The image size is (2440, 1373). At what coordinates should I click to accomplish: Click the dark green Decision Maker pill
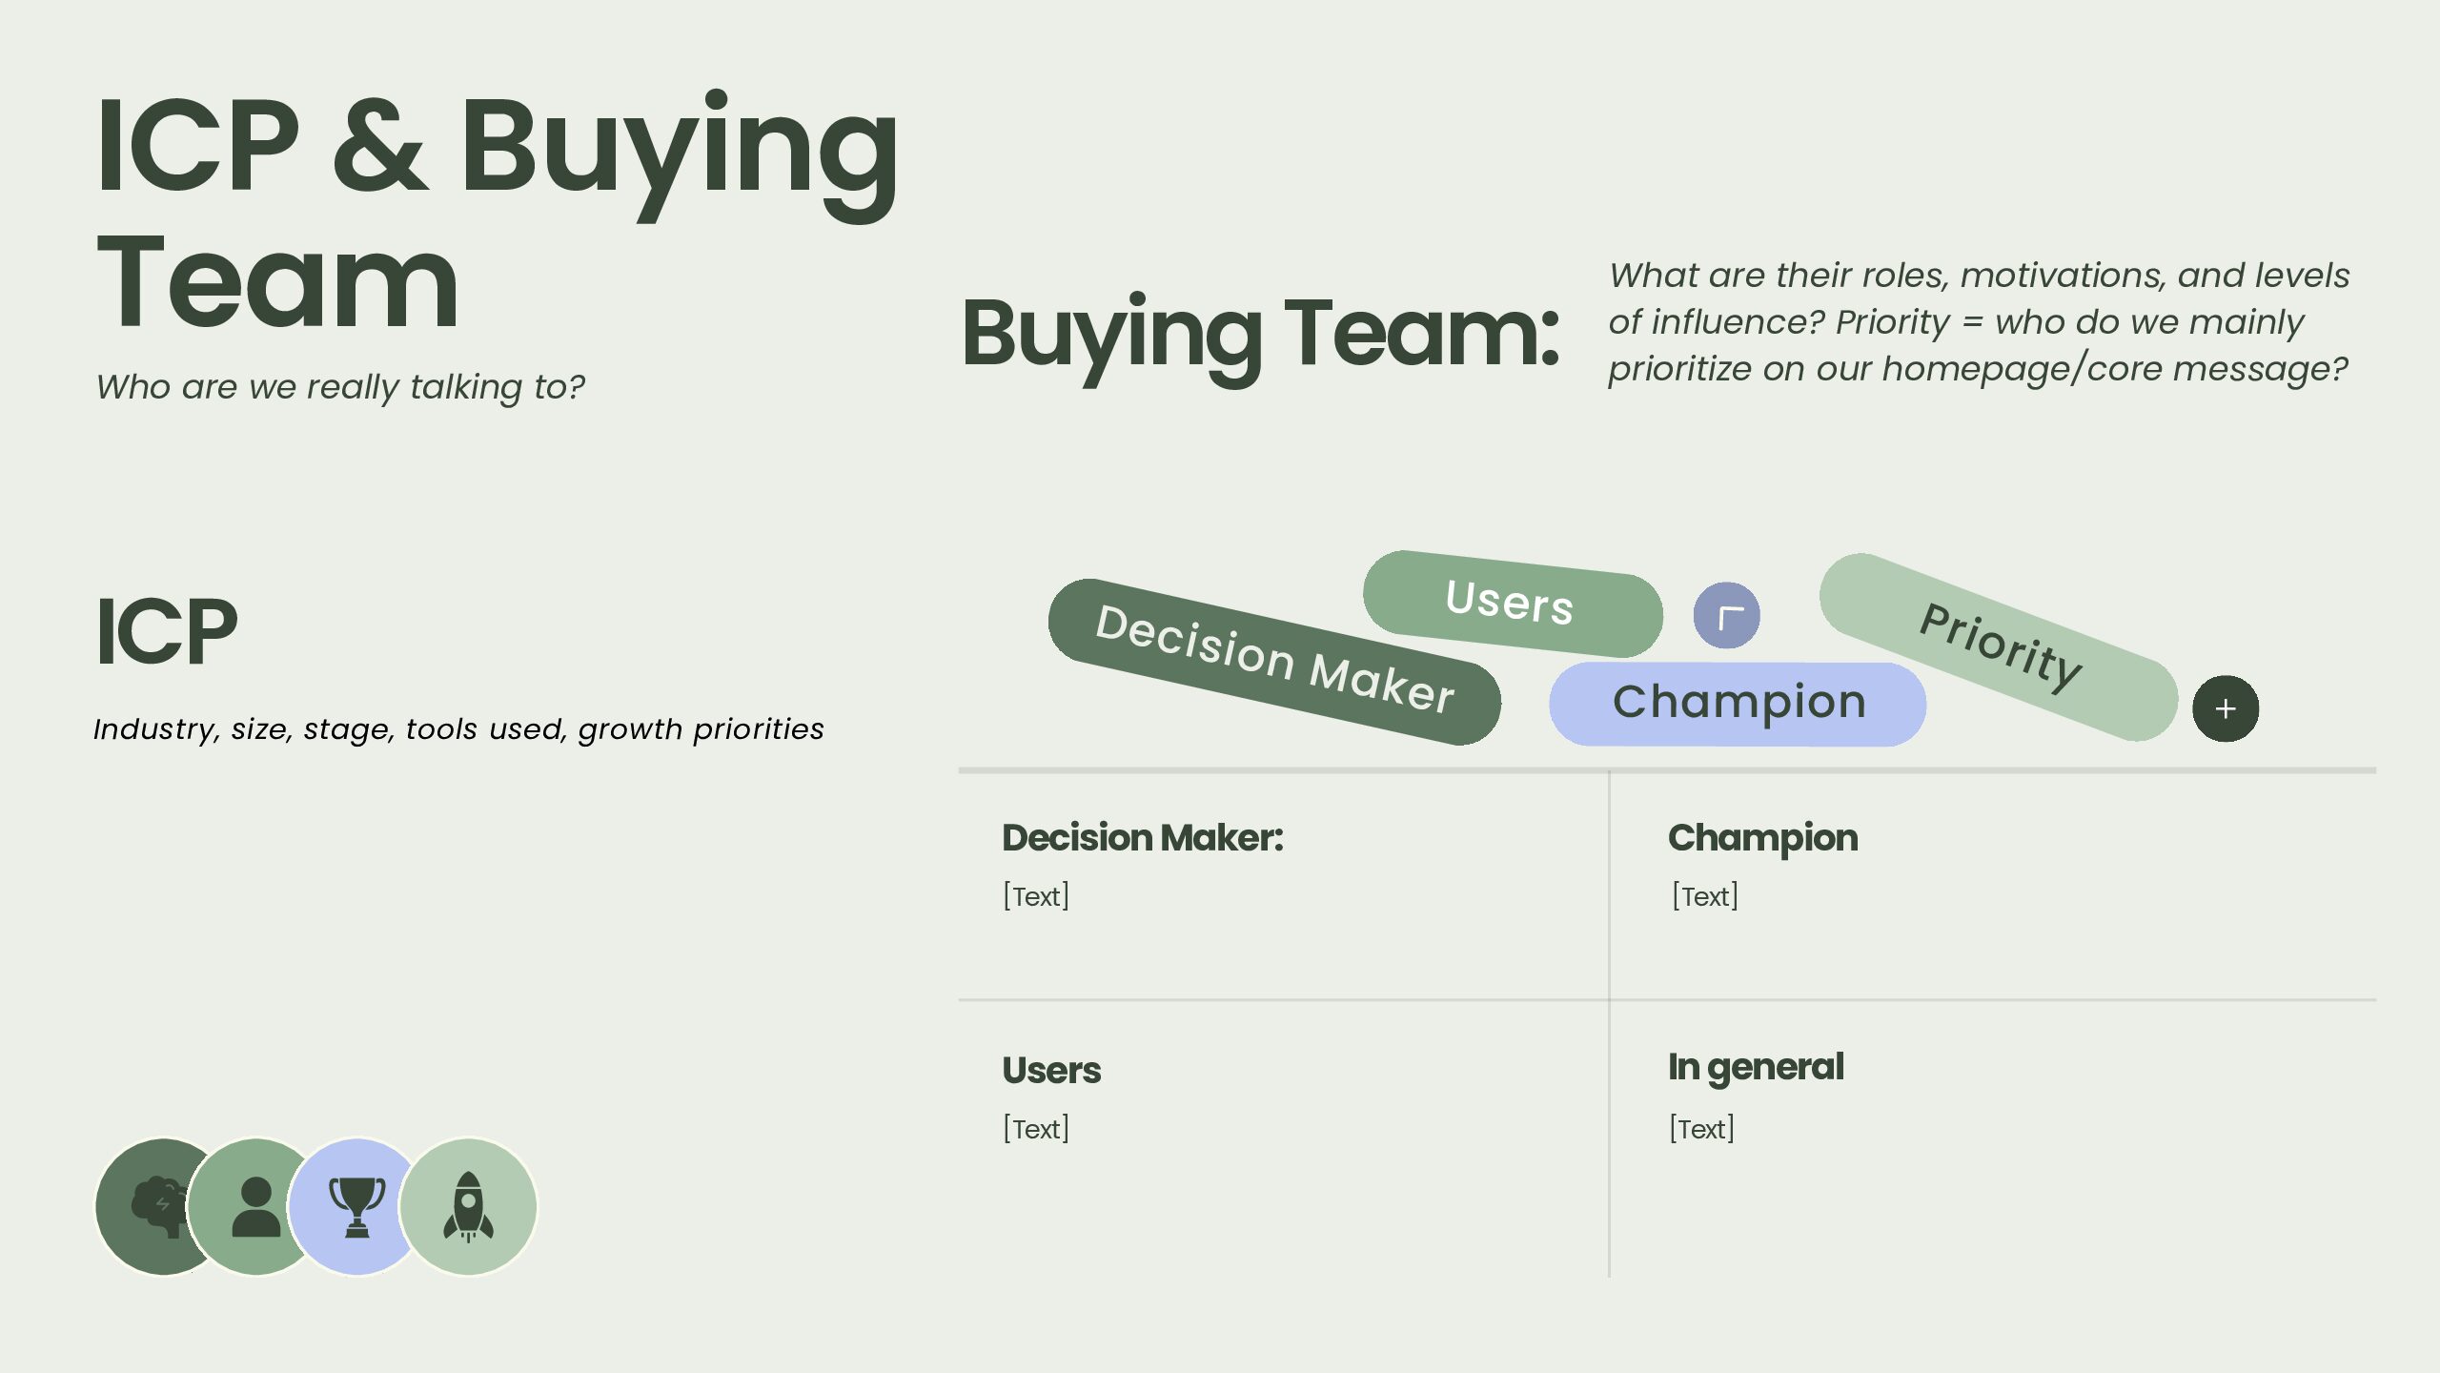[1273, 661]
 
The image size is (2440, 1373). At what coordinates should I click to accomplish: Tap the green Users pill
[1512, 603]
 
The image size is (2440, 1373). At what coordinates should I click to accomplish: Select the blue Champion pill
[1738, 704]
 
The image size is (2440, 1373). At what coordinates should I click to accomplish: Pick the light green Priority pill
[1999, 646]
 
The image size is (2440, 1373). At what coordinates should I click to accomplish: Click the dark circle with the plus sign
[2225, 708]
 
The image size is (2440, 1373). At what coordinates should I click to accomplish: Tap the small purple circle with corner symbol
[1726, 616]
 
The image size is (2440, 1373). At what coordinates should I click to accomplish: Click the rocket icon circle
[468, 1206]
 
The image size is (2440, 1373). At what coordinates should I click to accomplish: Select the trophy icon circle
[357, 1206]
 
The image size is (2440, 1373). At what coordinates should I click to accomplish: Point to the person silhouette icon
[255, 1206]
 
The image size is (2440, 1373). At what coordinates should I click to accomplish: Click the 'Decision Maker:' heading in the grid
[1142, 838]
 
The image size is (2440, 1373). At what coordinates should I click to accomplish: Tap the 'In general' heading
[1755, 1067]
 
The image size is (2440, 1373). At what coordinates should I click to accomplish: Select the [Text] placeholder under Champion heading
[1704, 896]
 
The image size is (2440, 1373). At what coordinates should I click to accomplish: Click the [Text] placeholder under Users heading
[1035, 1129]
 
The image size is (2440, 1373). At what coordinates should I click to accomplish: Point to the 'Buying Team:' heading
[1260, 334]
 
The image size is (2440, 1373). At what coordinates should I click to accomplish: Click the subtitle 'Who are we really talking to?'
[340, 387]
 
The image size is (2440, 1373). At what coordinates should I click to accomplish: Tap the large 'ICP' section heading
[166, 631]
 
